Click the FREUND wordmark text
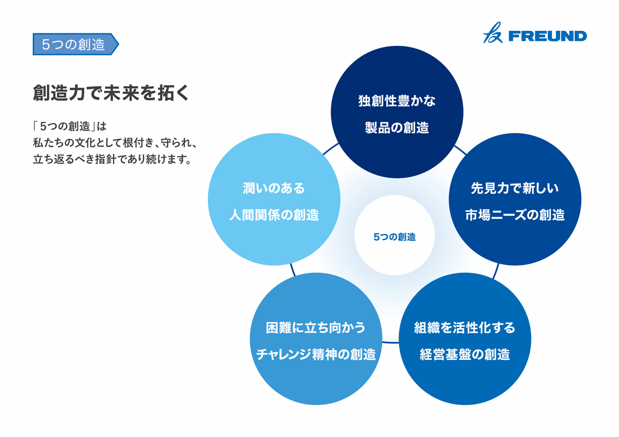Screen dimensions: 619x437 coord(547,36)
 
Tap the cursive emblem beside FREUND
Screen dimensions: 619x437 coord(493,33)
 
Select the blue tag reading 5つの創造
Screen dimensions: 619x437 coord(76,44)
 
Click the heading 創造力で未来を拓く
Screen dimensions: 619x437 coord(111,93)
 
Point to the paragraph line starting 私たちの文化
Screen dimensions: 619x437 coord(115,143)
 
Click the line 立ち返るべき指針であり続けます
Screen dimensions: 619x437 coord(112,159)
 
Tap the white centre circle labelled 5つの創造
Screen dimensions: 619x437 coord(395,235)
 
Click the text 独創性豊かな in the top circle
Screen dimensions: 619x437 coord(397,101)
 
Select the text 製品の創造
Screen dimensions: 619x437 coord(397,128)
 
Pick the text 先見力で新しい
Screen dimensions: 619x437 coord(515,189)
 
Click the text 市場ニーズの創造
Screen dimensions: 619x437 coord(515,215)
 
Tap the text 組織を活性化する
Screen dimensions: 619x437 coord(465,328)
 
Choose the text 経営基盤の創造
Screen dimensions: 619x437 coord(465,355)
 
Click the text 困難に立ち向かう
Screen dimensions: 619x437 coord(316,328)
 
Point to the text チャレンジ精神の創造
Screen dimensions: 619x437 coord(316,355)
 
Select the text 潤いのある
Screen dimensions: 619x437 coord(273,189)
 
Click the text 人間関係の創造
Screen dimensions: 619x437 coord(274,215)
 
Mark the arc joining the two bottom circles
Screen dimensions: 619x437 coord(390,343)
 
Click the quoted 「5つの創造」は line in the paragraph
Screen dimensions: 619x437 coord(70,127)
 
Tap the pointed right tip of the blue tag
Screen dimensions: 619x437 coord(119,44)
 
